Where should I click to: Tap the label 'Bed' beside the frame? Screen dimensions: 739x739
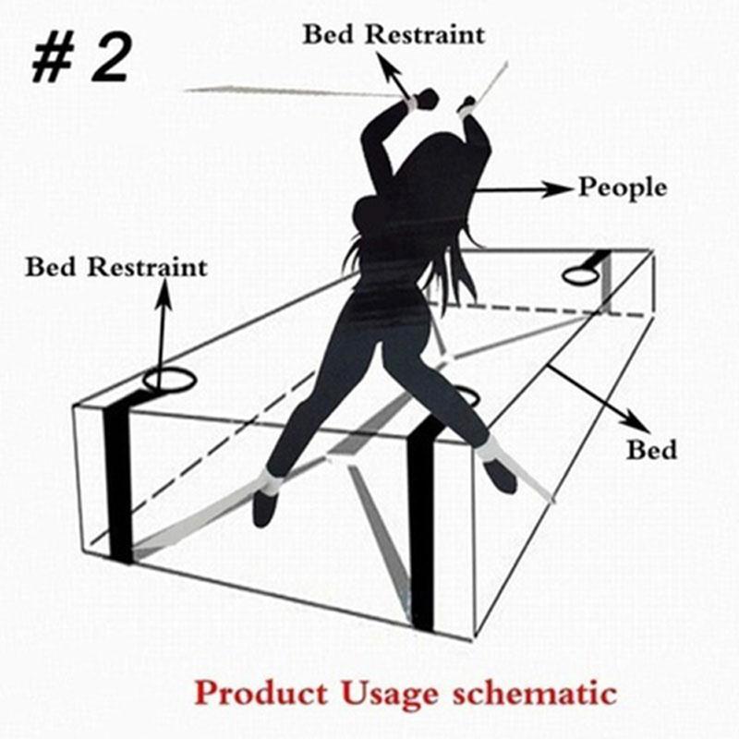pos(651,451)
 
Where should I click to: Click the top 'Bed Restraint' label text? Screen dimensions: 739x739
pos(394,35)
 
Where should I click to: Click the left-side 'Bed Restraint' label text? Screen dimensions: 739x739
pos(116,268)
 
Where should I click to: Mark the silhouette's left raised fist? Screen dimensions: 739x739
pos(426,99)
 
